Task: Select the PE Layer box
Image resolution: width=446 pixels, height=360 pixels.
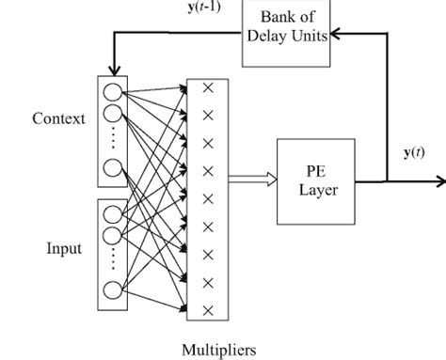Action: click(310, 179)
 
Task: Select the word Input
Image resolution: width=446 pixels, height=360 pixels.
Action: click(62, 248)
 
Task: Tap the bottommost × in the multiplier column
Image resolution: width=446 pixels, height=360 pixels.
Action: click(208, 310)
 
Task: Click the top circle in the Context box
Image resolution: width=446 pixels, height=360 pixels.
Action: click(113, 92)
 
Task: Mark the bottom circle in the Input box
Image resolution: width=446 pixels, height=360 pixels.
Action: click(113, 289)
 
